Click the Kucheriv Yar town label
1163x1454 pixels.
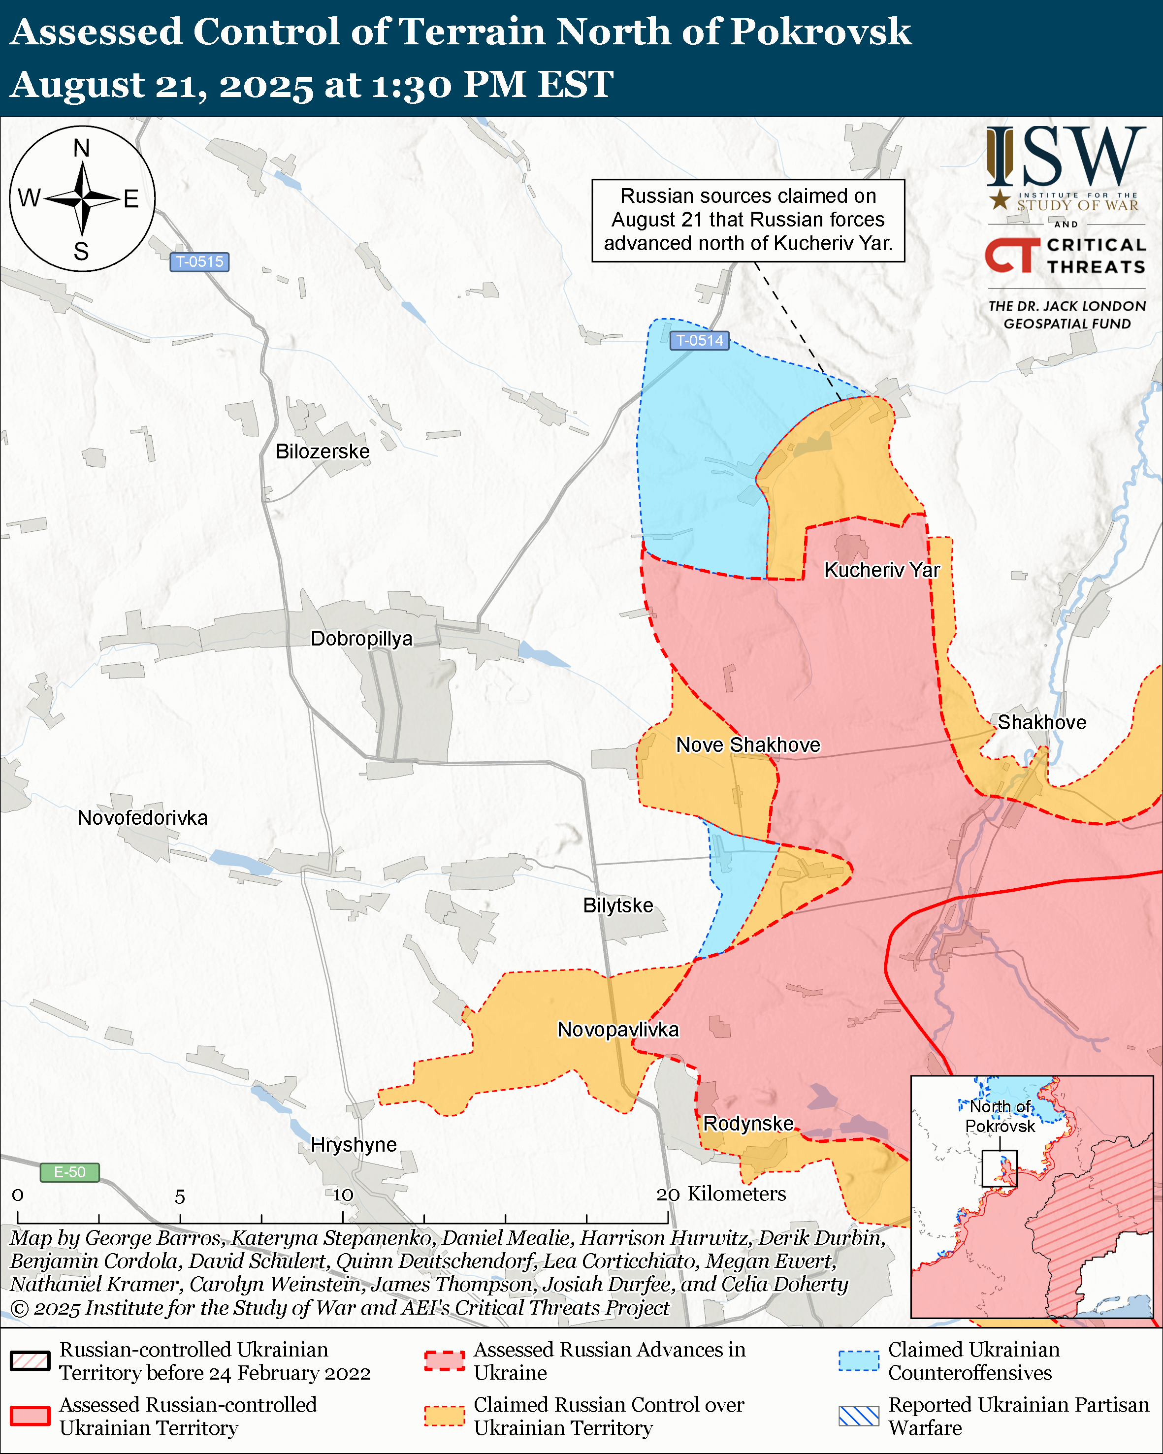point(881,570)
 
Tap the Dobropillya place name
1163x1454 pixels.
point(361,638)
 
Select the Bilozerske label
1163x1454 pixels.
point(323,451)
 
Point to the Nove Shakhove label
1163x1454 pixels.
point(748,744)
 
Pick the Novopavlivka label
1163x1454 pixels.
point(617,1029)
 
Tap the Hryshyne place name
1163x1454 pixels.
point(354,1144)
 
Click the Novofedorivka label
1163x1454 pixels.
point(142,817)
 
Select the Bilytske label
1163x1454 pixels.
point(617,905)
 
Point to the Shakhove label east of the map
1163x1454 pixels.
point(1042,722)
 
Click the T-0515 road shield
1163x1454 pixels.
point(199,261)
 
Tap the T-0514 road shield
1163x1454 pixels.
point(699,341)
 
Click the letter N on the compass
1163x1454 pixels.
point(82,148)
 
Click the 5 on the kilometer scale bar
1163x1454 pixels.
point(180,1197)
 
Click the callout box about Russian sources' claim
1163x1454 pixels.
point(748,220)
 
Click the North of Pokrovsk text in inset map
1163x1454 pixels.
point(1000,1116)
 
